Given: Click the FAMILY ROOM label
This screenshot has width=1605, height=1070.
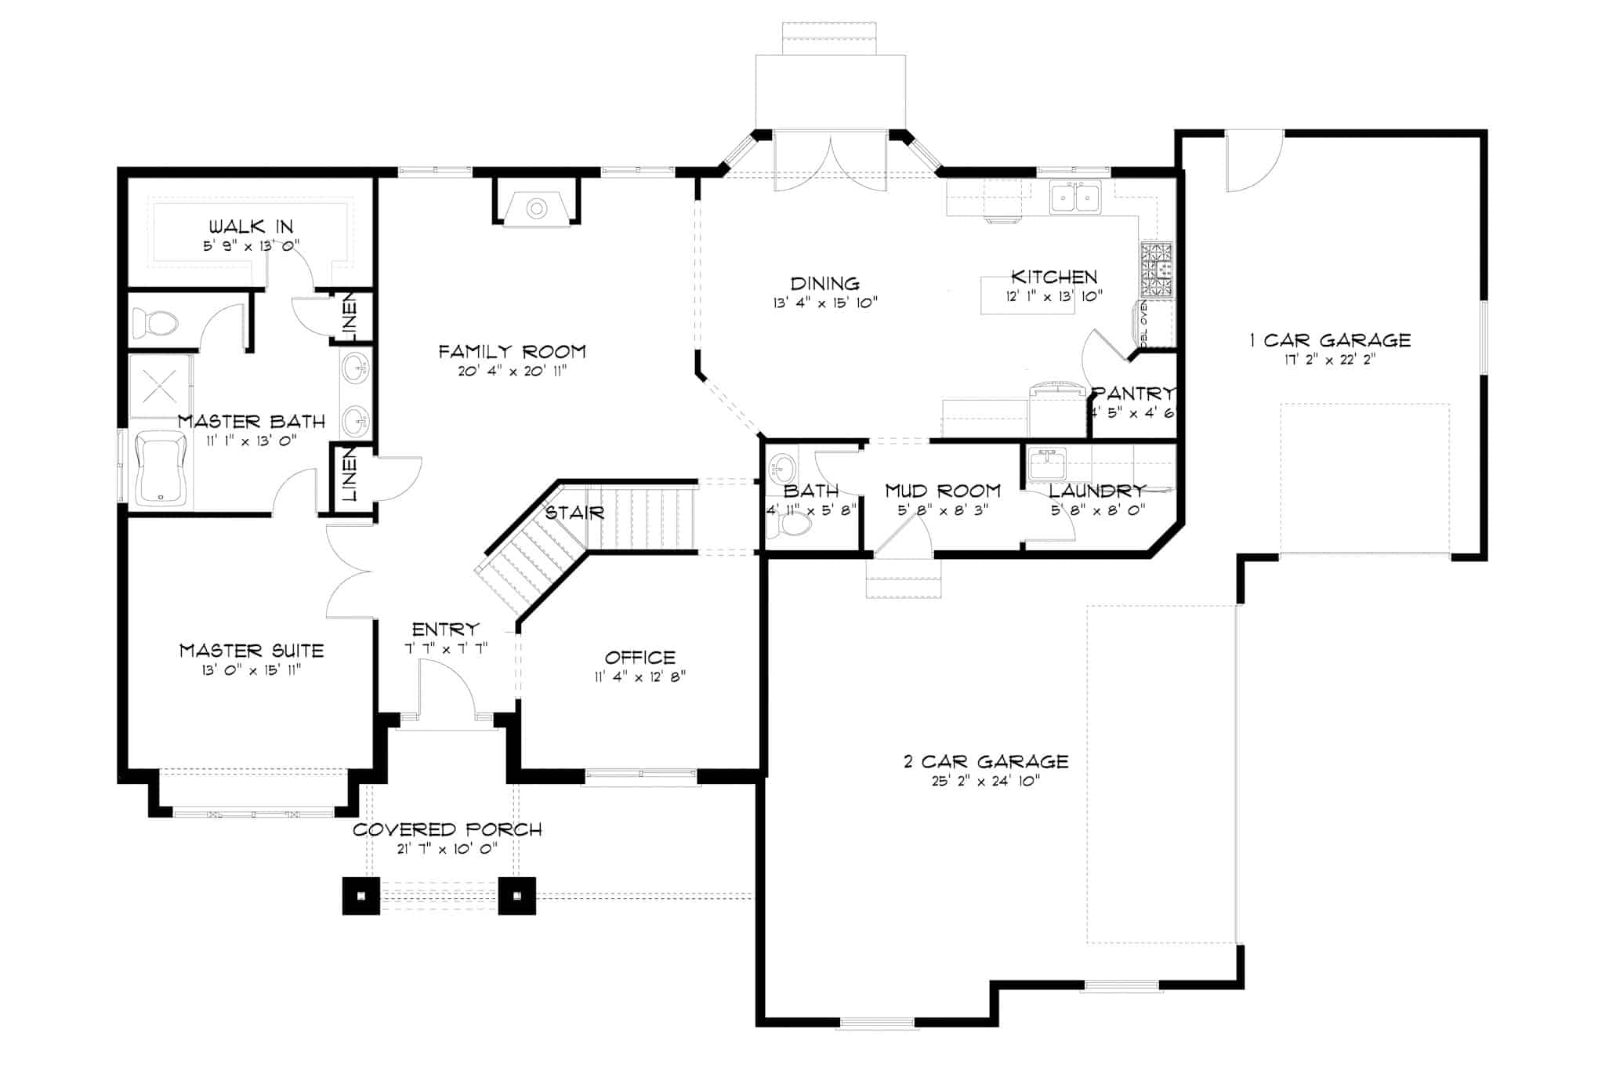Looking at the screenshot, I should (512, 351).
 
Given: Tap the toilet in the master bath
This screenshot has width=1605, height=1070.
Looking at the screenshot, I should (154, 321).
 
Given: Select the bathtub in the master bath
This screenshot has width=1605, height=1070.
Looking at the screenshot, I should (161, 470).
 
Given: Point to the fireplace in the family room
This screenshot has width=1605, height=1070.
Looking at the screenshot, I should (536, 209).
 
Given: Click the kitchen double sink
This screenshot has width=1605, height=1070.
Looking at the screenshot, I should (1075, 197).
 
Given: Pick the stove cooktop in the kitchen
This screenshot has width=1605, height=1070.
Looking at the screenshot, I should (1157, 269).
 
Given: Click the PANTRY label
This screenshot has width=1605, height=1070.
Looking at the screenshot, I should (1133, 393).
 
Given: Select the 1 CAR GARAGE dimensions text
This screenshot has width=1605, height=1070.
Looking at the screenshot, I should (1329, 361).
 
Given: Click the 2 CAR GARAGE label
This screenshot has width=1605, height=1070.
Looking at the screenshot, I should (985, 761).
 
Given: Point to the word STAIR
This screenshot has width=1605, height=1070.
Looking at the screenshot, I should (574, 513).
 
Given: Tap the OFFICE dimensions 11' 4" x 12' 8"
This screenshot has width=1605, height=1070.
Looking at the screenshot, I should (639, 676).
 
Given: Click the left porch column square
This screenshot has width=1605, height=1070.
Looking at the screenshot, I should (360, 895).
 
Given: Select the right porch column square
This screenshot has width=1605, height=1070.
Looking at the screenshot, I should (517, 895).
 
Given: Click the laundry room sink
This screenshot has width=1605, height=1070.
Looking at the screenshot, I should (1047, 463).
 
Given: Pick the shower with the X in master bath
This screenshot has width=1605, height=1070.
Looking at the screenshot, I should (161, 386).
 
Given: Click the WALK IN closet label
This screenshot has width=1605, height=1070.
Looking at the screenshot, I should (250, 227).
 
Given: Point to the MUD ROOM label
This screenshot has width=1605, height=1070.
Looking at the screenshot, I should (943, 491).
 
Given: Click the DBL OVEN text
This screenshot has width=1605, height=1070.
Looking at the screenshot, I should (1143, 322).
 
